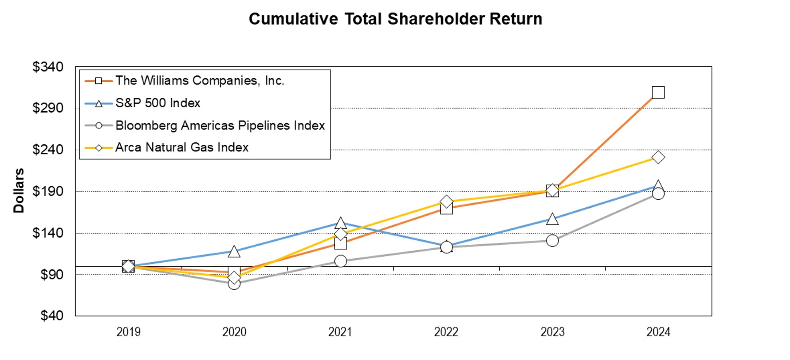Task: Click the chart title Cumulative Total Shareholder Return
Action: [x=395, y=19]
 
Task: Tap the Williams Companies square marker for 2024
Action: [x=658, y=92]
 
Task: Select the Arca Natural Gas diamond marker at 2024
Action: [x=658, y=157]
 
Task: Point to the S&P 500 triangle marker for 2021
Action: [x=340, y=223]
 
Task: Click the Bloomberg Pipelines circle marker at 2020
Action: [x=234, y=283]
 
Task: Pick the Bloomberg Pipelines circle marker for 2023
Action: [x=552, y=241]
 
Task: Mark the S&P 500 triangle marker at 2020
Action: [x=234, y=252]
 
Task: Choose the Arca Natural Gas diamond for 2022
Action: [x=446, y=202]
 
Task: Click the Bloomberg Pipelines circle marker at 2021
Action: [x=340, y=261]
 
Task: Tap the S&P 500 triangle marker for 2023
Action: [x=552, y=219]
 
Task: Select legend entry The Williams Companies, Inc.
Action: [x=199, y=81]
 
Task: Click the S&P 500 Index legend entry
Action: [x=157, y=103]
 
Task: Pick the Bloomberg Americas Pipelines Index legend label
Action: [x=219, y=126]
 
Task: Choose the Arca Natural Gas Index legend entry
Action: [x=181, y=147]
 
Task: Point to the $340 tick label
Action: [x=48, y=67]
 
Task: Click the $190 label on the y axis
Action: [x=48, y=191]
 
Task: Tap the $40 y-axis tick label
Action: [x=51, y=316]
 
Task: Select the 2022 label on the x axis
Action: [x=446, y=332]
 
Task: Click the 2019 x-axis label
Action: [x=128, y=332]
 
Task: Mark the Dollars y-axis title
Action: [x=18, y=191]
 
